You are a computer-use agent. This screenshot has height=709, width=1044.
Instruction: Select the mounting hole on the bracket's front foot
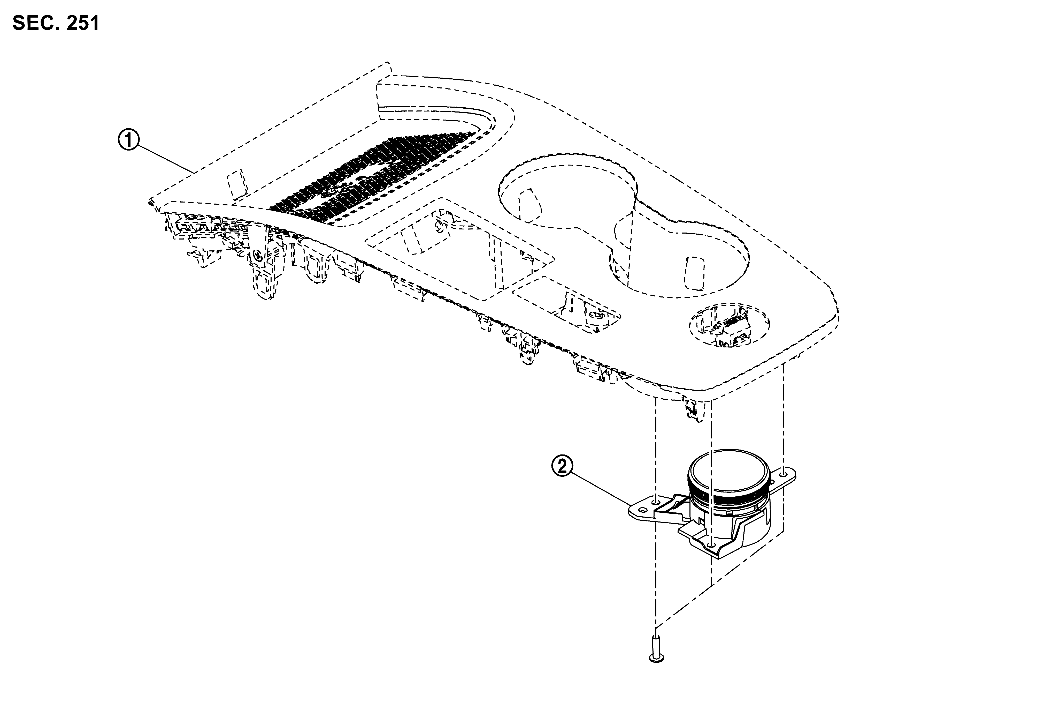711,545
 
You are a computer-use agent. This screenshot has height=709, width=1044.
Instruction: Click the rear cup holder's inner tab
530,205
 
